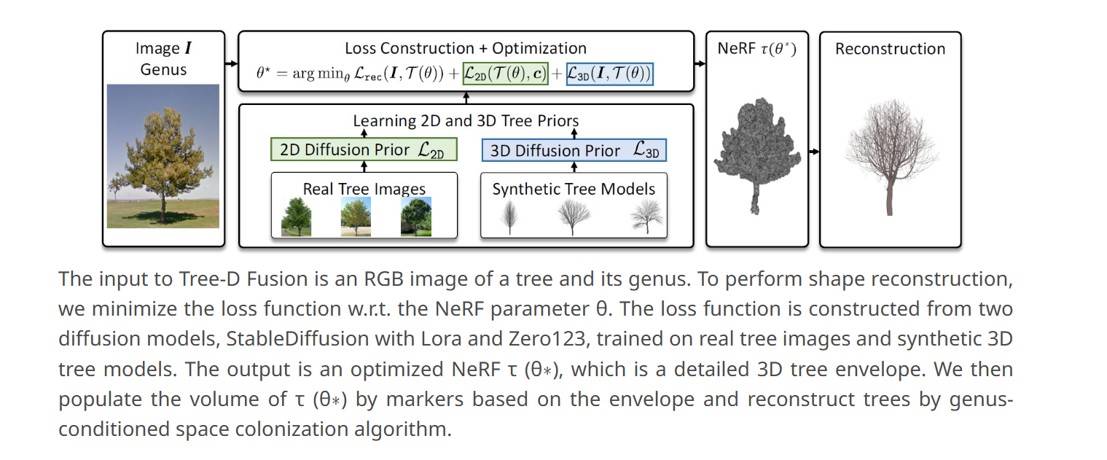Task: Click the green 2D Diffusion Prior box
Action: click(x=364, y=149)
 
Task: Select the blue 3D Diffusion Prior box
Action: click(x=574, y=150)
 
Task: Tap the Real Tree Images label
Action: click(x=364, y=189)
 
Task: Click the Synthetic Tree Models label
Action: click(x=574, y=189)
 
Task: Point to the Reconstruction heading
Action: click(x=890, y=48)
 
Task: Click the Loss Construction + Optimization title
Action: click(x=466, y=48)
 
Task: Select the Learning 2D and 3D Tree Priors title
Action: click(x=466, y=120)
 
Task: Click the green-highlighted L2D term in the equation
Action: click(x=505, y=74)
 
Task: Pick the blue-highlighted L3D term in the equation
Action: click(x=609, y=74)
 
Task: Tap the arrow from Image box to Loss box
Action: click(x=231, y=63)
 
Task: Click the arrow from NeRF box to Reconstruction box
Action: click(x=814, y=151)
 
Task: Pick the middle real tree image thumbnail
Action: click(x=356, y=217)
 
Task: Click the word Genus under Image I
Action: click(x=163, y=69)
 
